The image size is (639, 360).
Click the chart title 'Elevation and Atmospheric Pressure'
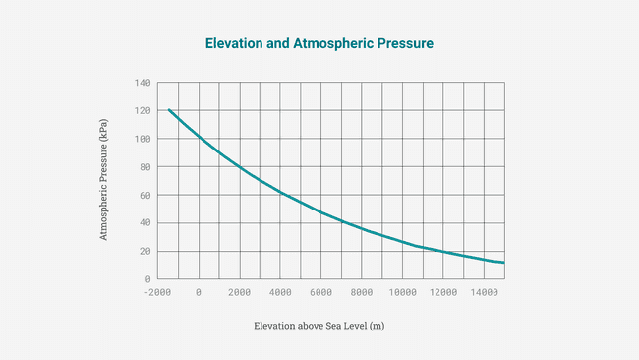point(319,44)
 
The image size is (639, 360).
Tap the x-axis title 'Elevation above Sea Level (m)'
point(319,326)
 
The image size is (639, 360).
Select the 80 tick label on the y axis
point(145,167)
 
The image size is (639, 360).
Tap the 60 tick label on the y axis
point(145,195)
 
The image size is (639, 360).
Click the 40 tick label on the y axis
point(145,223)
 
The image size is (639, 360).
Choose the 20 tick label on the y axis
point(145,251)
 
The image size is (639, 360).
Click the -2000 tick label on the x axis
point(157,292)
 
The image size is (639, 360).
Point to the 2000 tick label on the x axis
point(240,292)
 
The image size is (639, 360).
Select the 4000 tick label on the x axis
point(280,292)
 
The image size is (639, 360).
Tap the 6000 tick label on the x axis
point(321,292)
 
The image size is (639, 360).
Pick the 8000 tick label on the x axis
point(362,292)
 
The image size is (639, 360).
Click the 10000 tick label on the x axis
point(403,292)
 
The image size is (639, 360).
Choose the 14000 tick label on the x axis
point(485,292)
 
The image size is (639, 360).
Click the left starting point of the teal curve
point(169,110)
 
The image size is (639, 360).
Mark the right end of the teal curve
point(504,263)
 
